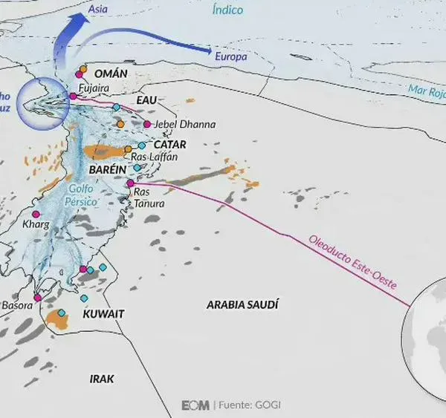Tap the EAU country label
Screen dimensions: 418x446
[x=147, y=99]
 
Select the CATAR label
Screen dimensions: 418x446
[x=169, y=144]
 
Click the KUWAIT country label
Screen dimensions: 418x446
[x=103, y=314]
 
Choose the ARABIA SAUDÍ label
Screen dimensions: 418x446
[x=242, y=304]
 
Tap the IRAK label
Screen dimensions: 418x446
[x=102, y=379]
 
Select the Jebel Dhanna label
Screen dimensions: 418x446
[x=184, y=125]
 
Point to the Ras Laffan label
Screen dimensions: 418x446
[x=154, y=157]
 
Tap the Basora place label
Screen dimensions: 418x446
[x=17, y=305]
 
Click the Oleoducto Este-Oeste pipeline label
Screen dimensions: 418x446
[x=352, y=264]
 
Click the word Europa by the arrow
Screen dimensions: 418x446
[x=230, y=56]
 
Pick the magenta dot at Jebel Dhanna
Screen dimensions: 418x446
[x=147, y=124]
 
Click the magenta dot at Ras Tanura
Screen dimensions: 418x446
[x=130, y=183]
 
